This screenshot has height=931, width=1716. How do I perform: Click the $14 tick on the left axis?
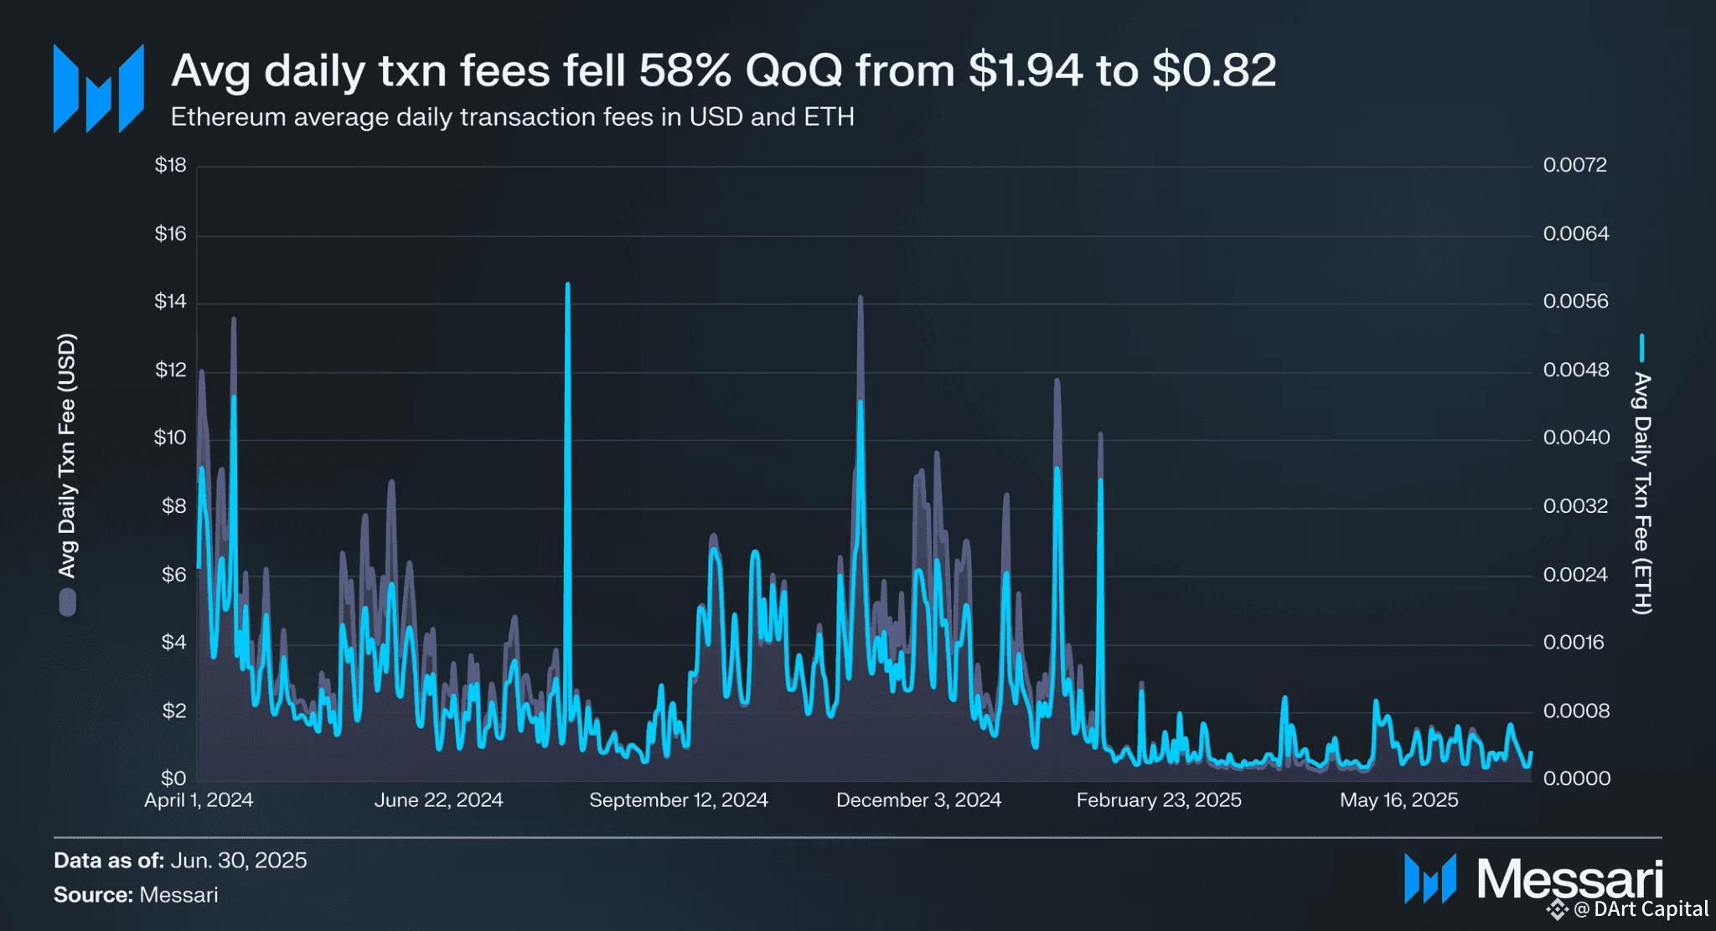coord(170,302)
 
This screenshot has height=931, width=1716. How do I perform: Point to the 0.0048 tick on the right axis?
coord(1575,370)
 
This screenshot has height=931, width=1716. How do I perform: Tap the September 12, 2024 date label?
coord(678,800)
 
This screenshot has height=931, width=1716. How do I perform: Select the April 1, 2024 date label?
coord(199,800)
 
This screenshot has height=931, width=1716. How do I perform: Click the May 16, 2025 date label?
coord(1398,800)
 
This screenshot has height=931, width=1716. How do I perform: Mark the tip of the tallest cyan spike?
coord(567,285)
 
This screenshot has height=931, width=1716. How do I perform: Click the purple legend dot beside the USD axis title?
coord(67,603)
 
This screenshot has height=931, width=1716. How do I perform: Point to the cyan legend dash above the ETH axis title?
coord(1642,349)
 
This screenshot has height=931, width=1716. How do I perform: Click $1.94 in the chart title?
coord(1025,70)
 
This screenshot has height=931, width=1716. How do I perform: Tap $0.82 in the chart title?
coord(1213,70)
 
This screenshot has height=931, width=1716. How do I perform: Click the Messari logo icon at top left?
coord(99,88)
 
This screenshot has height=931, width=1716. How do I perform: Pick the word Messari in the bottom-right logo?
coord(1569,880)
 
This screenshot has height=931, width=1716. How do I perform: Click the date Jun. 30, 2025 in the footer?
coord(239,861)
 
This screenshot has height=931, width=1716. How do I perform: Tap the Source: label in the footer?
coord(93,895)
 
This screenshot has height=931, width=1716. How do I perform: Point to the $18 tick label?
coord(170,165)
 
